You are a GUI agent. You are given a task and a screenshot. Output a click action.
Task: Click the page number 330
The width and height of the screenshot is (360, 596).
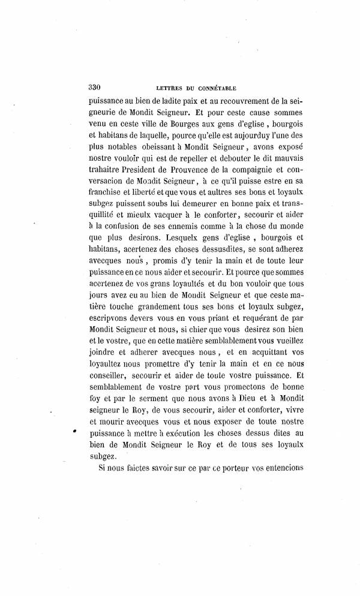click(95, 85)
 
